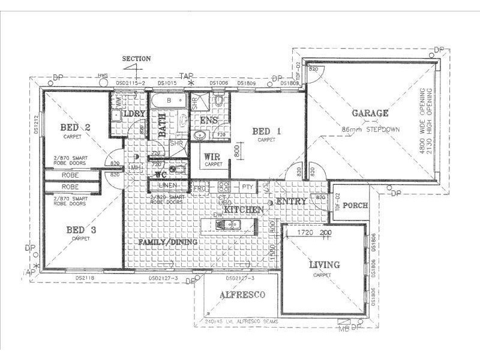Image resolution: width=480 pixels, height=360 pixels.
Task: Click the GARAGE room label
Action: (x=370, y=113)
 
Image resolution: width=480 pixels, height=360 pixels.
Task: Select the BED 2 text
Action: (x=75, y=127)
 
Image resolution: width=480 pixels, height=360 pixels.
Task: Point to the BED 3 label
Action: (x=79, y=230)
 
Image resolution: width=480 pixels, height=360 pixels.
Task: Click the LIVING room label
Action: (x=324, y=265)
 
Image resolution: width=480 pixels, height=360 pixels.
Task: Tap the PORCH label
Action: (x=351, y=205)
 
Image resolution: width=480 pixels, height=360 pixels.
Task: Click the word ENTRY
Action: (x=292, y=202)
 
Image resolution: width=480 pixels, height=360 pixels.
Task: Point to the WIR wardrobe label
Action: (x=212, y=157)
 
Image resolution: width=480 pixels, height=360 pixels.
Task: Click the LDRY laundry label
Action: (x=133, y=114)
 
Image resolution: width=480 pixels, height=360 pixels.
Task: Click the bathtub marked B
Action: (x=169, y=101)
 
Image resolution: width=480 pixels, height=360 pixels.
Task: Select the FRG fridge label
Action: (x=200, y=188)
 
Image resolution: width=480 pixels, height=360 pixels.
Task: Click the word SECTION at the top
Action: (x=136, y=59)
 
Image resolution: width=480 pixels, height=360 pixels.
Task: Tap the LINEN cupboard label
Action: (x=169, y=185)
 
